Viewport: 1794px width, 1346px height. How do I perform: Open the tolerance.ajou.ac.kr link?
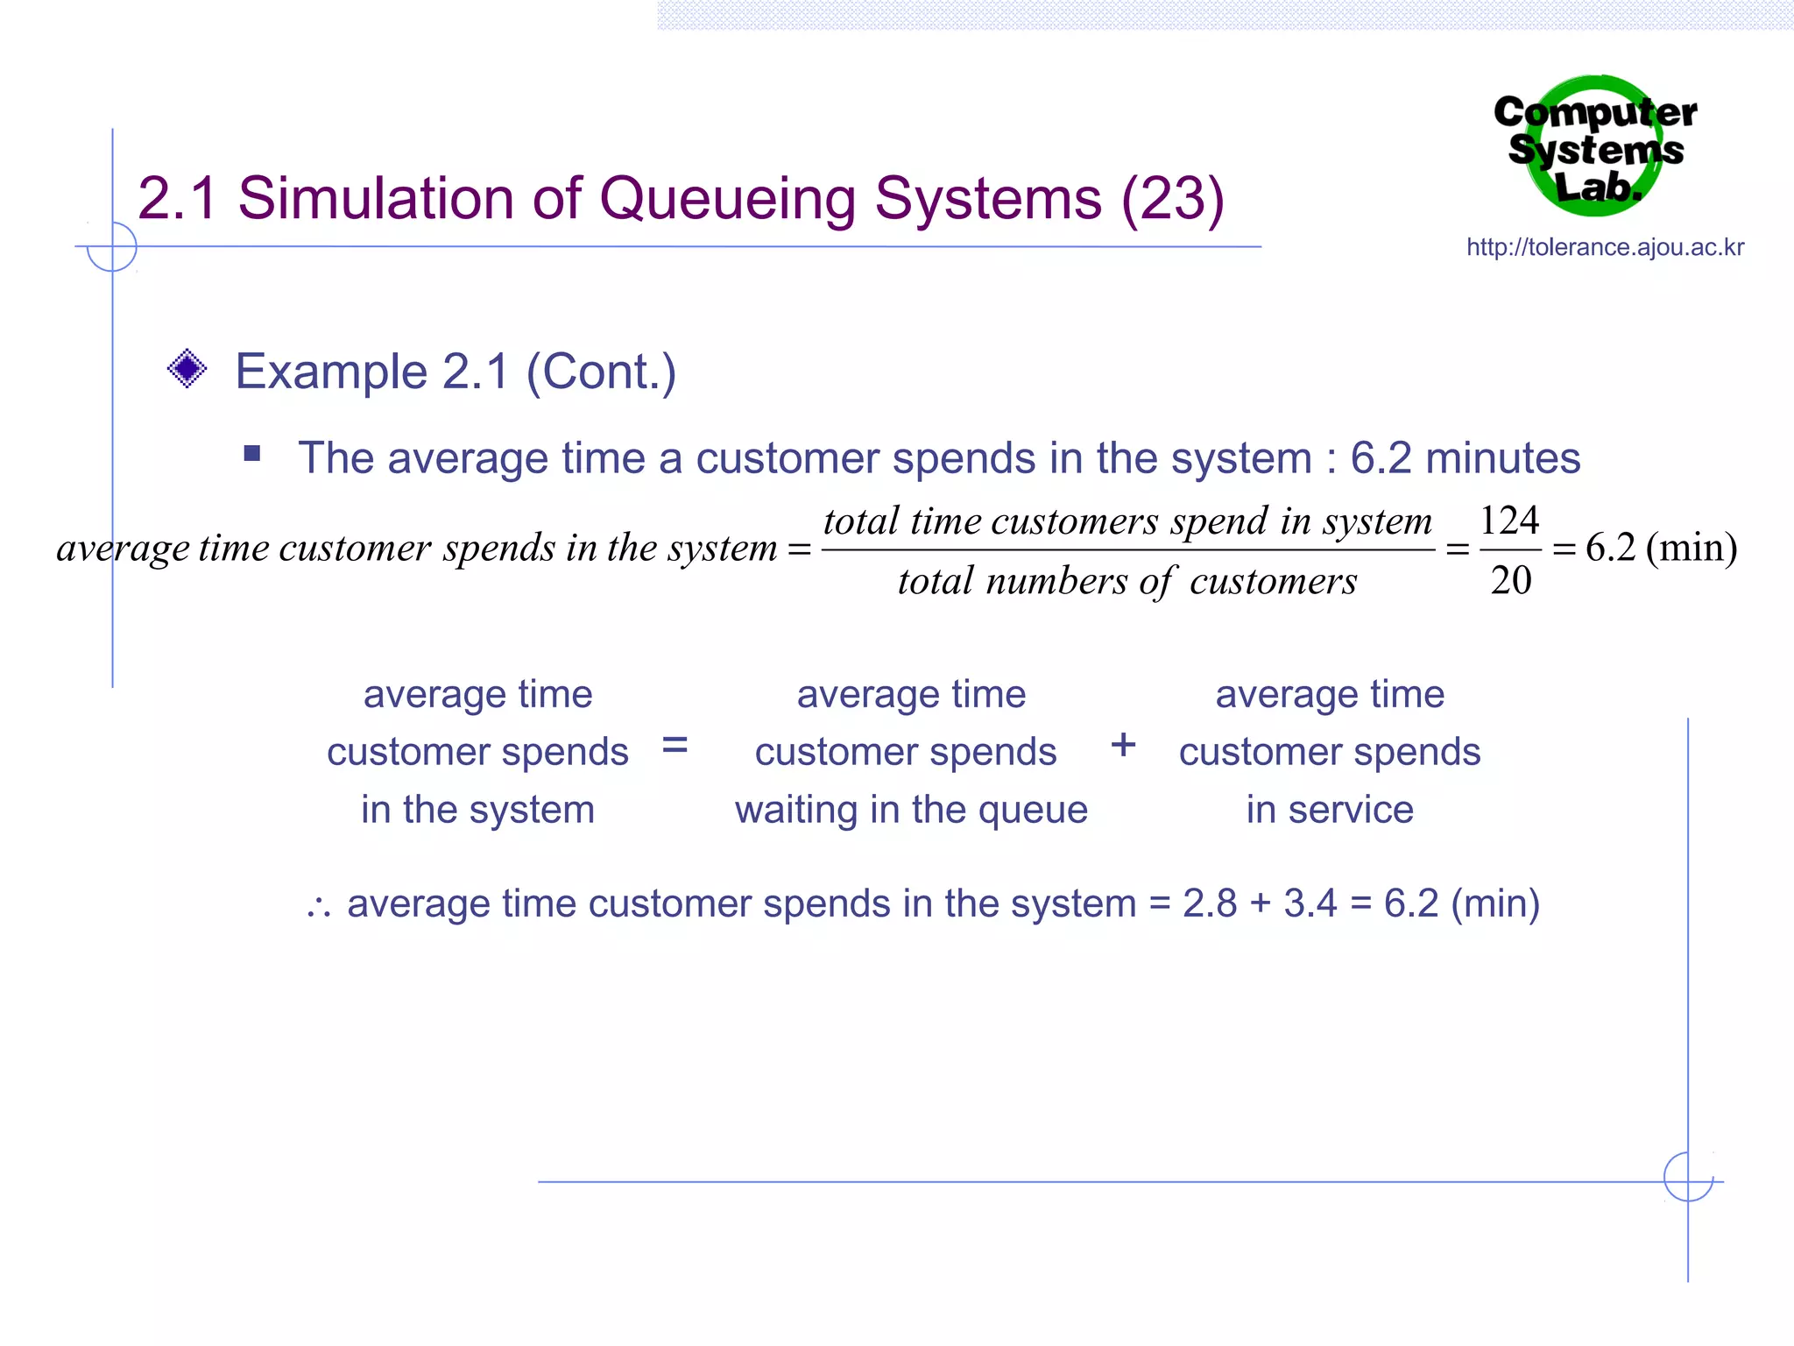1605,247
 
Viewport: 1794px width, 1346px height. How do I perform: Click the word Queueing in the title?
727,200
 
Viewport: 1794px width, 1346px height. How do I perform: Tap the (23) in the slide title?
1172,200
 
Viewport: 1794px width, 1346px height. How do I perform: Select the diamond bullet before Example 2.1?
187,369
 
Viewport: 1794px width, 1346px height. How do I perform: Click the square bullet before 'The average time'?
252,453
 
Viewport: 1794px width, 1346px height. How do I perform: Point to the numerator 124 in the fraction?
1508,521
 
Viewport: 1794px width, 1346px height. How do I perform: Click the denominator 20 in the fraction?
1511,580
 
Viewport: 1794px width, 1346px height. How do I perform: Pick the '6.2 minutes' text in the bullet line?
1465,458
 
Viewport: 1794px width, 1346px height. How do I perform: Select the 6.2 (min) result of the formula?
1661,548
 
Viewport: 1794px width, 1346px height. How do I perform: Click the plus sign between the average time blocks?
1123,746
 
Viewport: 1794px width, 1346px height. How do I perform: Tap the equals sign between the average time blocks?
675,746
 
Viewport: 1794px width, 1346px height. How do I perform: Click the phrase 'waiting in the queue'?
911,810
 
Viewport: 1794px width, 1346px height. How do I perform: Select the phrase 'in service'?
1330,810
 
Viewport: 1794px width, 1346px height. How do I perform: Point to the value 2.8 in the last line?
1210,903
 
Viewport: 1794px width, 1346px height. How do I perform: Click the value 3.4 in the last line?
1310,903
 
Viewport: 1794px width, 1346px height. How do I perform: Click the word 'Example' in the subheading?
331,372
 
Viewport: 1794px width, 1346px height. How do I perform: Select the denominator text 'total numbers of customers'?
1127,581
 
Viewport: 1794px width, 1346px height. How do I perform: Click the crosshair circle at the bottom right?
1688,1177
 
